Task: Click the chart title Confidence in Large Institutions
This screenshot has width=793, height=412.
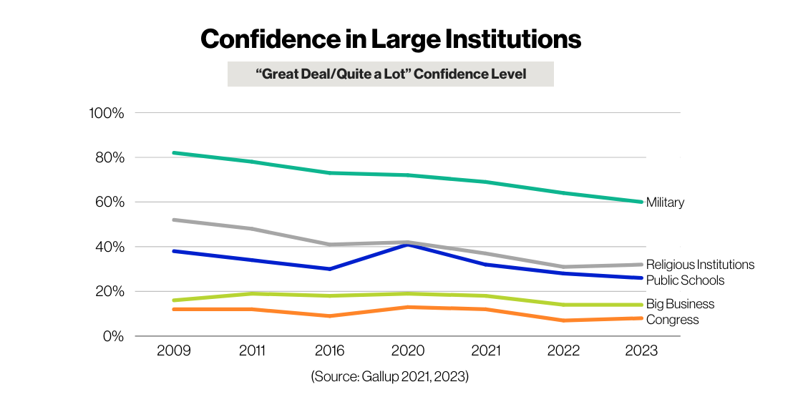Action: click(391, 39)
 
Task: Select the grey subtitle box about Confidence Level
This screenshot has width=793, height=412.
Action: click(390, 74)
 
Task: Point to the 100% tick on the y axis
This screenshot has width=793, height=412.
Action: click(107, 113)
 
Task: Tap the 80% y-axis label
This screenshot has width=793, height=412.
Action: click(110, 157)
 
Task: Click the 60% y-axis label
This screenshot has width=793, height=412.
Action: click(110, 202)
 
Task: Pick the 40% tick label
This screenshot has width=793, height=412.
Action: click(110, 247)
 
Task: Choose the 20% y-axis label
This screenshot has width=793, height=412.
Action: click(110, 292)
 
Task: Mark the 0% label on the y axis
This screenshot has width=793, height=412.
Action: click(112, 336)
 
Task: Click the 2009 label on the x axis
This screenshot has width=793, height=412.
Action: click(174, 351)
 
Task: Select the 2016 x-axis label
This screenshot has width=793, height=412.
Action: click(329, 351)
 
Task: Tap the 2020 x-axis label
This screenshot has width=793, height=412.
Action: click(407, 351)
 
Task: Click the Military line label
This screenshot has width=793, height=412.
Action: click(665, 202)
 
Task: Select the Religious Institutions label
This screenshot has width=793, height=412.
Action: click(700, 265)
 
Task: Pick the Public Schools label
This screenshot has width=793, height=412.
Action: click(685, 280)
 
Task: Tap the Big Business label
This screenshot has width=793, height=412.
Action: click(680, 305)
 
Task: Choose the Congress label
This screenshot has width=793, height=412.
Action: click(672, 320)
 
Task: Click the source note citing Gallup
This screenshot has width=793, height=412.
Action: click(390, 376)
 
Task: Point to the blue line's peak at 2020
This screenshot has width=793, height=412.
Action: click(407, 245)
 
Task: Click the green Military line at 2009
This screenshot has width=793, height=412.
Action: click(175, 153)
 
